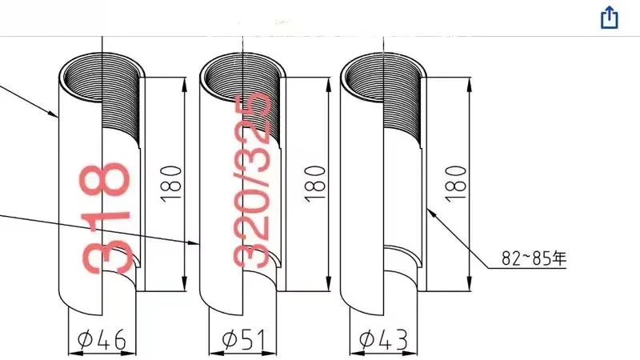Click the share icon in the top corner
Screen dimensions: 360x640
coord(610,18)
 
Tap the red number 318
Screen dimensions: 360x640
coord(106,217)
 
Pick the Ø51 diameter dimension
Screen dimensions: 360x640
coord(241,340)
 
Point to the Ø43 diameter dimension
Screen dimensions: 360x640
coord(383,340)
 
